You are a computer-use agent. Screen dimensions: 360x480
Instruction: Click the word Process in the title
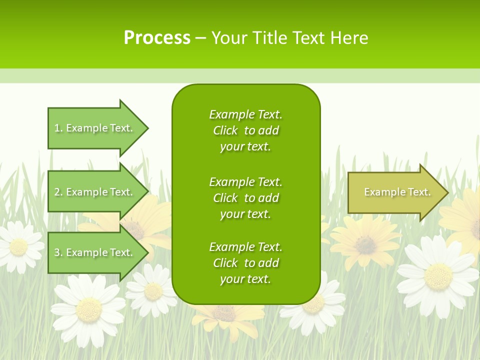[157, 38]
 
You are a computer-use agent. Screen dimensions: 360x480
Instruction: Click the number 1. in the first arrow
[58, 128]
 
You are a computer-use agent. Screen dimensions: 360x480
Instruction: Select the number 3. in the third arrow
[58, 252]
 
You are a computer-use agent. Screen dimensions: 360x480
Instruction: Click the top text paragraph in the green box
[245, 130]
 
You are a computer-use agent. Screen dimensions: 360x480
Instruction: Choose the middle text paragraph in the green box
[245, 198]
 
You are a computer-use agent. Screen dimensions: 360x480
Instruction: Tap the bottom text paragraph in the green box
[245, 263]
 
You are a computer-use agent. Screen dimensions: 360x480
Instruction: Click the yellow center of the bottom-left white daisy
[88, 309]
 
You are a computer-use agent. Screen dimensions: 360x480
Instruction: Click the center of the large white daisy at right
[438, 276]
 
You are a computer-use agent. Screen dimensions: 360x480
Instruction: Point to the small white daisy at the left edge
[18, 246]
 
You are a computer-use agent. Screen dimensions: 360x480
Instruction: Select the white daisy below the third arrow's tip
[152, 290]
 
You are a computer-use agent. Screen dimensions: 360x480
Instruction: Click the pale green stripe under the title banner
[240, 76]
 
